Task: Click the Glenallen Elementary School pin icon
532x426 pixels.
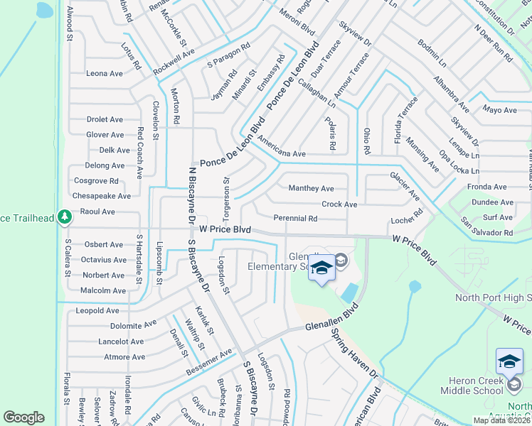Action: pyautogui.click(x=321, y=269)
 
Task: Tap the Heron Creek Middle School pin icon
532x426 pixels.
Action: pyautogui.click(x=509, y=363)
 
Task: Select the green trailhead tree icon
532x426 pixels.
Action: pyautogui.click(x=65, y=216)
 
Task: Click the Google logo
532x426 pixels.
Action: pyautogui.click(x=23, y=417)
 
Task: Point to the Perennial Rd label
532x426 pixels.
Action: pyautogui.click(x=295, y=219)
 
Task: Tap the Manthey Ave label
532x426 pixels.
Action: pyautogui.click(x=311, y=189)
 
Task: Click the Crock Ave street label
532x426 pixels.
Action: pyautogui.click(x=339, y=204)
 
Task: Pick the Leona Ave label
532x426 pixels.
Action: pyautogui.click(x=105, y=74)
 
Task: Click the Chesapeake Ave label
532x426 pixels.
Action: pyautogui.click(x=102, y=196)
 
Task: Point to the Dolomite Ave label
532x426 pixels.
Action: pyautogui.click(x=133, y=325)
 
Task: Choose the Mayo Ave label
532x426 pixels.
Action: pyautogui.click(x=499, y=110)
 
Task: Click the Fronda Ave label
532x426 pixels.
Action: pyautogui.click(x=486, y=187)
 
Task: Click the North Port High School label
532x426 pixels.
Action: pyautogui.click(x=493, y=298)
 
